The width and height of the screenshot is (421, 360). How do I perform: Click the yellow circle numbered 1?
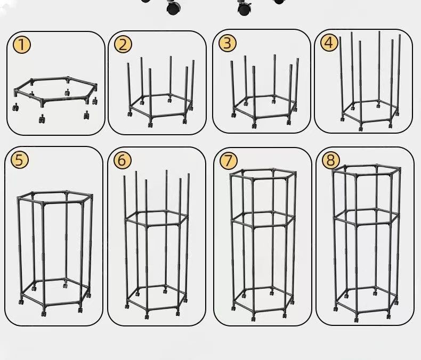click(22, 45)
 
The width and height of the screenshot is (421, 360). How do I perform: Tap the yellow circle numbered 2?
click(123, 45)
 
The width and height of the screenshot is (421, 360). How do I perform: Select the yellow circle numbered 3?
click(227, 43)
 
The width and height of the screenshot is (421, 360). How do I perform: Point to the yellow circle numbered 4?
click(329, 43)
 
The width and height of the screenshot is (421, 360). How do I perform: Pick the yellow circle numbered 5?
click(20, 160)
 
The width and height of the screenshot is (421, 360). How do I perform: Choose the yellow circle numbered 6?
click(122, 160)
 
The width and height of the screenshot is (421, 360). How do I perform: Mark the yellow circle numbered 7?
click(228, 161)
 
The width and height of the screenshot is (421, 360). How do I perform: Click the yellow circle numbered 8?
click(330, 160)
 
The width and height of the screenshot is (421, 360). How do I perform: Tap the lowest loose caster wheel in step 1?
click(42, 119)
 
